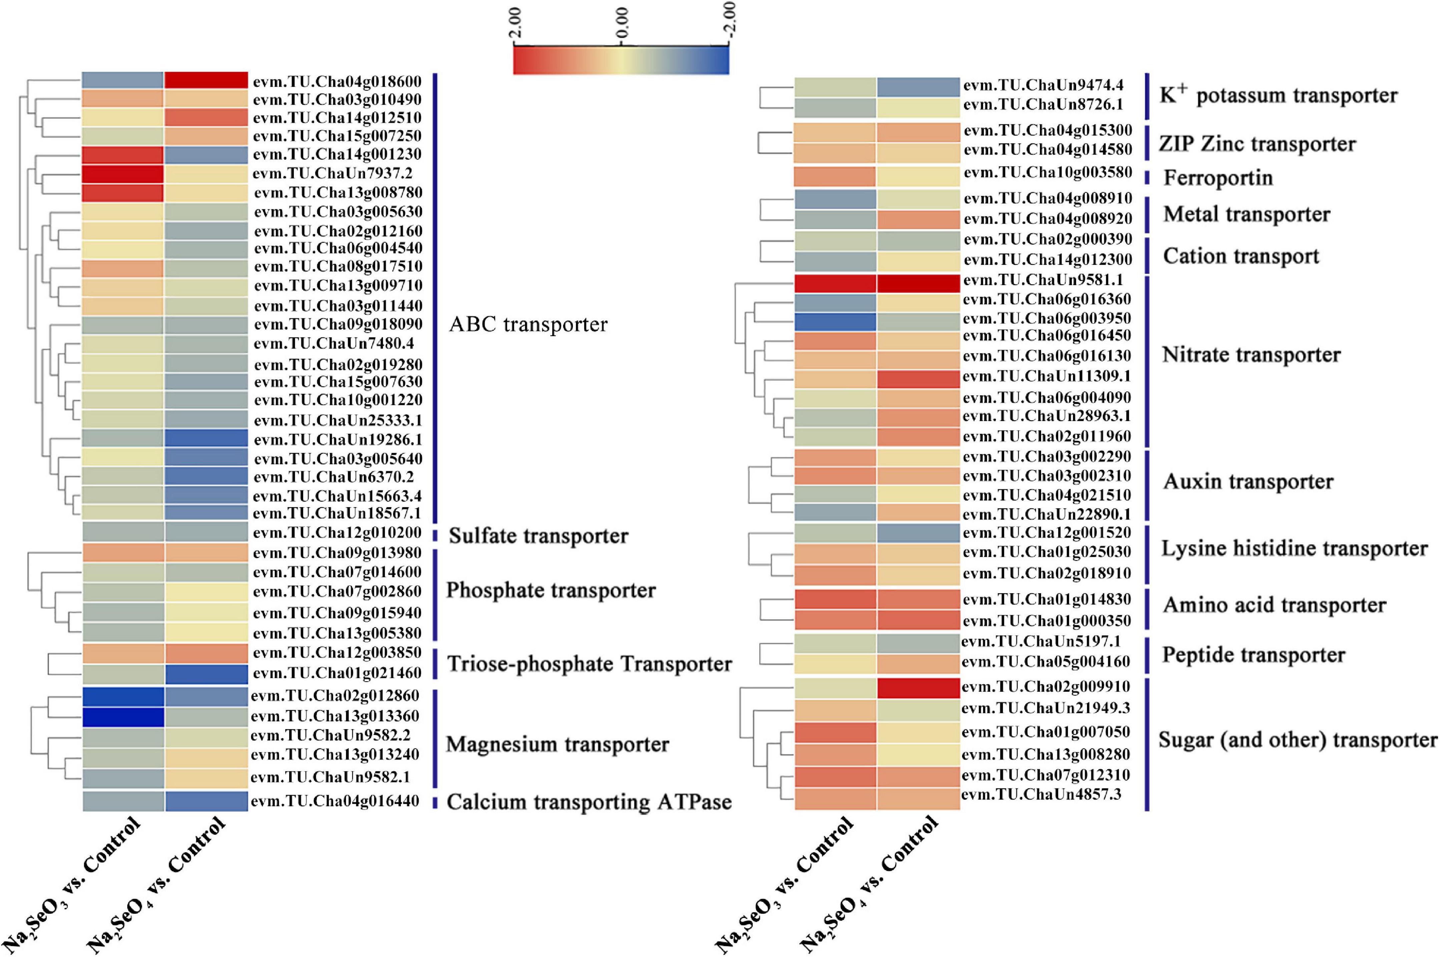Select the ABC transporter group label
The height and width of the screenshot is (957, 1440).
(x=528, y=324)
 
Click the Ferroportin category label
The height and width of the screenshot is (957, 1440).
(x=1218, y=178)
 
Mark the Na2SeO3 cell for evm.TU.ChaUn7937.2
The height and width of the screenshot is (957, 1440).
(x=123, y=174)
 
